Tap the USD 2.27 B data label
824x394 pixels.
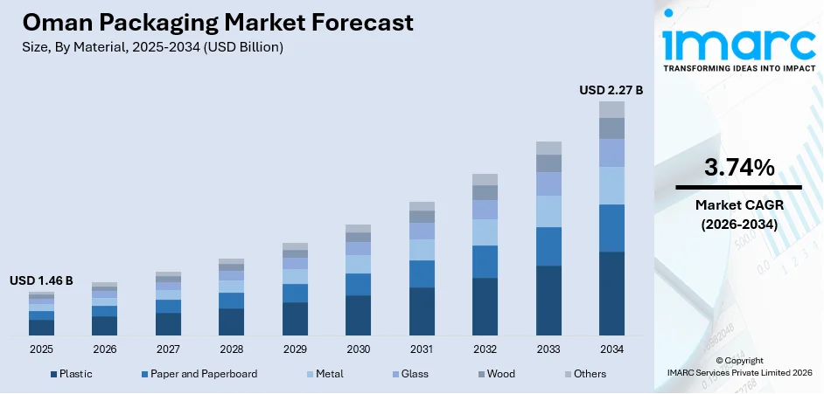(611, 89)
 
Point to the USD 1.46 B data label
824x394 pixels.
(41, 280)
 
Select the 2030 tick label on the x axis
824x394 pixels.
(358, 349)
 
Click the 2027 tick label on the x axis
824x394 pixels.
(168, 349)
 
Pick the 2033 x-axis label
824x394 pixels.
(548, 349)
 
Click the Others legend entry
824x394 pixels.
(588, 374)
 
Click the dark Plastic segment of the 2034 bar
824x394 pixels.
(611, 294)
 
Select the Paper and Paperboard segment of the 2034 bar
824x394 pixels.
(611, 228)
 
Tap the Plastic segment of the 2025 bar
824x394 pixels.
(41, 328)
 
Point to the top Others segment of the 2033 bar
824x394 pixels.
(548, 148)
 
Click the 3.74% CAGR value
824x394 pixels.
(738, 168)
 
